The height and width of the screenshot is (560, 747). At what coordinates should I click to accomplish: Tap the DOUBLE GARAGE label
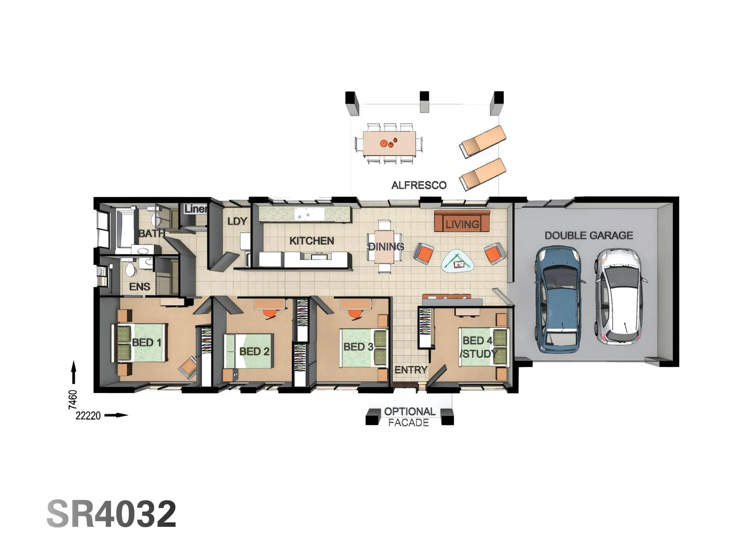click(588, 235)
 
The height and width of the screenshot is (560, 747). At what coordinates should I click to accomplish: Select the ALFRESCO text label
click(419, 185)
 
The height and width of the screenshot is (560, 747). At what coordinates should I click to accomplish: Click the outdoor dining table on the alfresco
click(389, 143)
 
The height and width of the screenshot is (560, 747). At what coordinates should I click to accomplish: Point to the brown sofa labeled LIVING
click(462, 222)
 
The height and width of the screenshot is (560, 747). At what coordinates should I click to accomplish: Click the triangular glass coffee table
click(458, 261)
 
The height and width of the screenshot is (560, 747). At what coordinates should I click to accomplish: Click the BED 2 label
click(254, 352)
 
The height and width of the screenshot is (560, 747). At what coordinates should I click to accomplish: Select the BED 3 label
click(358, 346)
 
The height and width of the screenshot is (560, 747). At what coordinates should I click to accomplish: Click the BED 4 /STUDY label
click(478, 347)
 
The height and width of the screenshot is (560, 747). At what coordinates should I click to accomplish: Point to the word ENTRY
click(411, 370)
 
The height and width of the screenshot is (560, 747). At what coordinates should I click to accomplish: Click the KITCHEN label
click(311, 241)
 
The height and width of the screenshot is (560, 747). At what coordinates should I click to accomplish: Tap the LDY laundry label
click(237, 221)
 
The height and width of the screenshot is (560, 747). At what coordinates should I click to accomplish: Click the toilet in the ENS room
click(130, 269)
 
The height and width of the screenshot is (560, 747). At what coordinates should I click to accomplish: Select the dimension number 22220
click(88, 415)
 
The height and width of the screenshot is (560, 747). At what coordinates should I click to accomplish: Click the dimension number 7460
click(73, 399)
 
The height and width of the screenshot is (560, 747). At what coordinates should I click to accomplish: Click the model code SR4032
click(112, 514)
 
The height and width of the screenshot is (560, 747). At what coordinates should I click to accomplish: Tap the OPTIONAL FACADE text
click(409, 417)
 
